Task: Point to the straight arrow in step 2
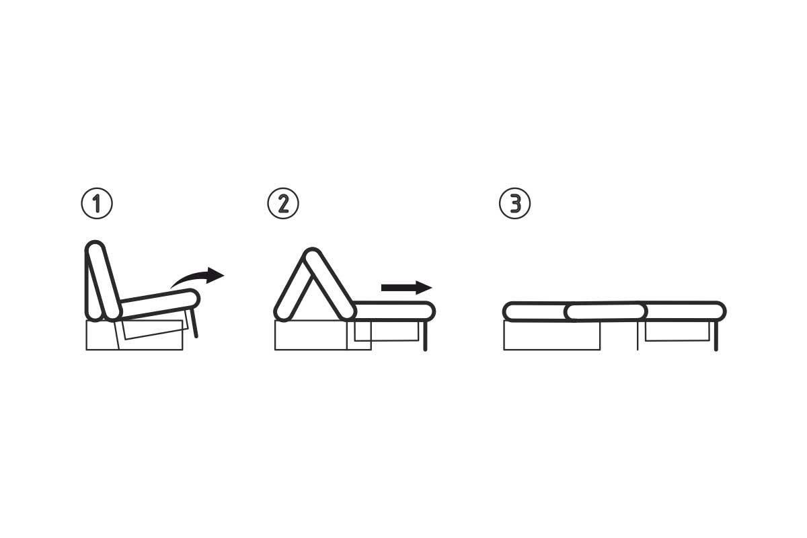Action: pyautogui.click(x=406, y=288)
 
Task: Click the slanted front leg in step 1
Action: pyautogui.click(x=194, y=323)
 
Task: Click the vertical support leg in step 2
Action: pyautogui.click(x=425, y=336)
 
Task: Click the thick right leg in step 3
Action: pyautogui.click(x=716, y=336)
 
